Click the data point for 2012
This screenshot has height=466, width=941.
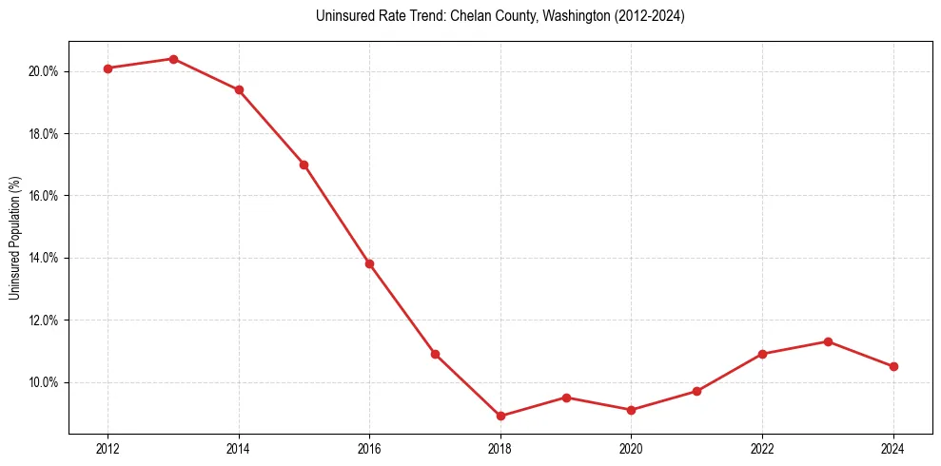pyautogui.click(x=108, y=68)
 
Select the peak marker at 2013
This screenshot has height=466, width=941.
pyautogui.click(x=173, y=59)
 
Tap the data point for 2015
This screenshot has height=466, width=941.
pyautogui.click(x=304, y=165)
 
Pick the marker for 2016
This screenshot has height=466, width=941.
pyautogui.click(x=369, y=263)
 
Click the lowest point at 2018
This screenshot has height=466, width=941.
pyautogui.click(x=500, y=416)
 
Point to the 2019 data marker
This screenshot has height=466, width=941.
pyautogui.click(x=566, y=398)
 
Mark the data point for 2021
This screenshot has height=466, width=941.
pyautogui.click(x=696, y=391)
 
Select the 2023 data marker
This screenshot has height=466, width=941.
pyautogui.click(x=828, y=341)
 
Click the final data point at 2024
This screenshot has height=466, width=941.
pyautogui.click(x=893, y=366)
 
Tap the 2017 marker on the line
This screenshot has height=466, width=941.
pyautogui.click(x=435, y=354)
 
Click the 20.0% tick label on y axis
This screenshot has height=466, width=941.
pyautogui.click(x=44, y=71)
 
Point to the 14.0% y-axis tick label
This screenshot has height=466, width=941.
pyautogui.click(x=44, y=258)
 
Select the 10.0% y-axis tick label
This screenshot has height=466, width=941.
pyautogui.click(x=44, y=382)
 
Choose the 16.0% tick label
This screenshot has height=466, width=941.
pyautogui.click(x=44, y=196)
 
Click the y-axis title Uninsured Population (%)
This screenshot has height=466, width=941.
pyautogui.click(x=14, y=238)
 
